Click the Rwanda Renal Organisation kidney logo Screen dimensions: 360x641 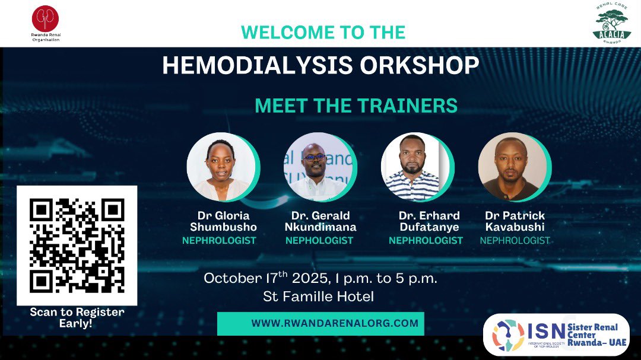click(46, 18)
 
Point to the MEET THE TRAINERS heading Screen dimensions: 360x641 click(356, 106)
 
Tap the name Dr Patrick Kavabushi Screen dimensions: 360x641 click(515, 221)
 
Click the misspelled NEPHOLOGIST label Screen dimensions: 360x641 click(319, 241)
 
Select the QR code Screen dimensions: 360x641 click(77, 245)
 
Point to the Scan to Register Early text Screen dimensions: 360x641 click(77, 318)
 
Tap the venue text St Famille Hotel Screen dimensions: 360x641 click(319, 297)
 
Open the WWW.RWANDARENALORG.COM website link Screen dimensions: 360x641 click(335, 324)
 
